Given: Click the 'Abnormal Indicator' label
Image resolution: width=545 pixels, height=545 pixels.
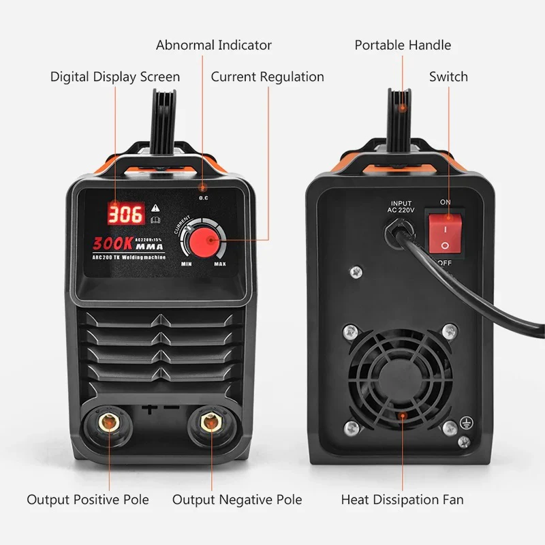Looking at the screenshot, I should [x=213, y=46].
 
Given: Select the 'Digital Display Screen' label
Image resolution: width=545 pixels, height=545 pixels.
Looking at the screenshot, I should [x=115, y=76].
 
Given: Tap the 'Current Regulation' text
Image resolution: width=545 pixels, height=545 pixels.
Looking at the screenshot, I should [x=267, y=76].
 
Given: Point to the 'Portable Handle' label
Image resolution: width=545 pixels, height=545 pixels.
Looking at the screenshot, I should [x=403, y=46].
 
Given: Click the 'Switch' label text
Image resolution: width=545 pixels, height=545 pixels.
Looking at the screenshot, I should [x=448, y=76].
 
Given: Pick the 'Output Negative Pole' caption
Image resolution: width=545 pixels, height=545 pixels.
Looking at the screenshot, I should [x=237, y=499].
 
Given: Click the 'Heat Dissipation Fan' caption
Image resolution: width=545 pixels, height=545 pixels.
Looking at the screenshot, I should [x=402, y=499].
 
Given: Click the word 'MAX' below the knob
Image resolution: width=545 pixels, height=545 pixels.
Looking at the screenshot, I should [x=220, y=264].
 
